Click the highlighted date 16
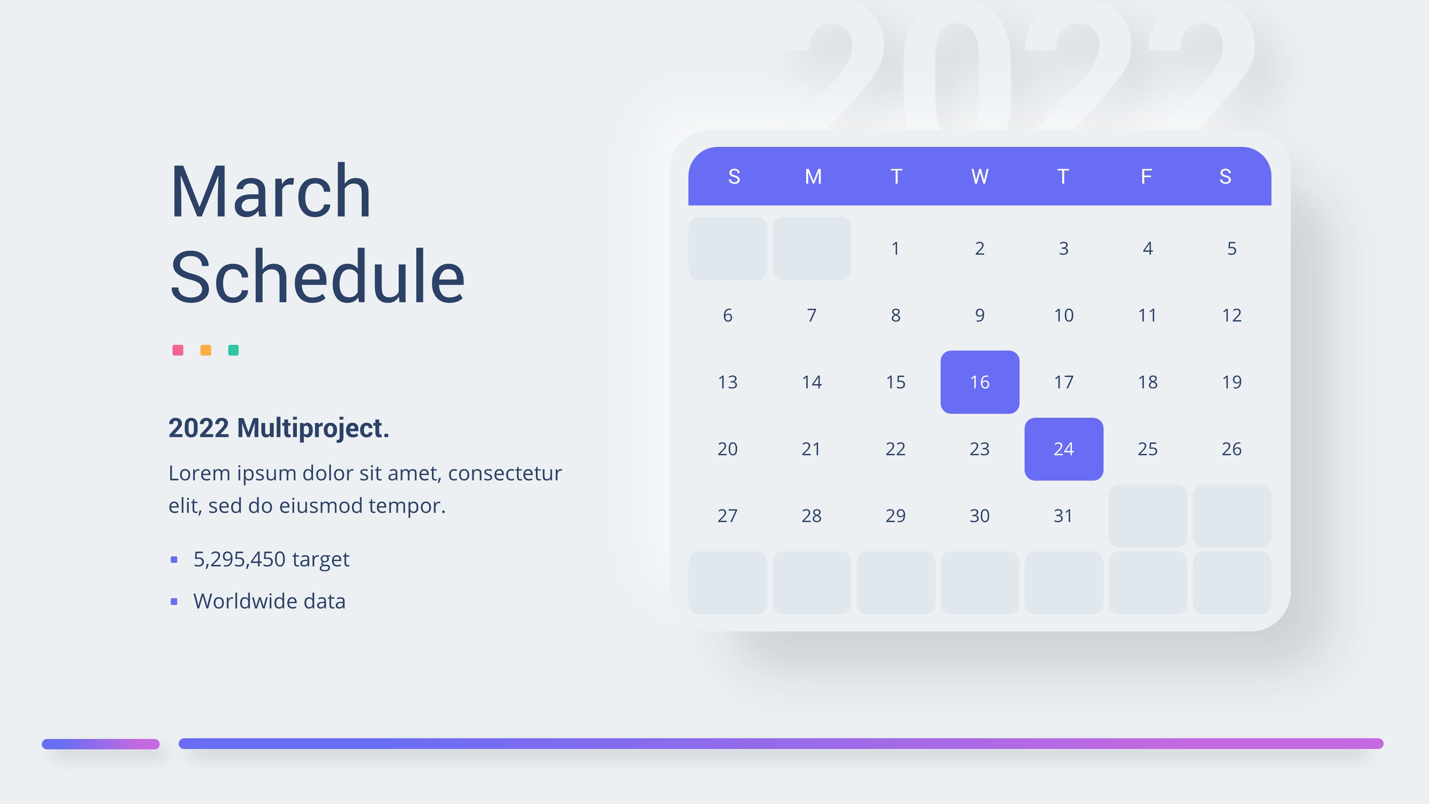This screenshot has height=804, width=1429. click(x=980, y=382)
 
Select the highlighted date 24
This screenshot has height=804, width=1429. click(x=1064, y=449)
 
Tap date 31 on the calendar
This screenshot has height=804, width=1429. click(x=1063, y=516)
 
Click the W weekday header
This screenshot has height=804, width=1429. click(x=980, y=177)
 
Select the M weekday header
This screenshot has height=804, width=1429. click(x=813, y=177)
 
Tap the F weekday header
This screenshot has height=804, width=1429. click(x=1146, y=177)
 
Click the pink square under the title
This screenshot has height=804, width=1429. click(x=178, y=350)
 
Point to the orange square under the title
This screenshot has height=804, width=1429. click(x=206, y=350)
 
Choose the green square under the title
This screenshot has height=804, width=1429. click(x=234, y=350)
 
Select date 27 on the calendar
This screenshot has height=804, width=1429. click(x=727, y=516)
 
